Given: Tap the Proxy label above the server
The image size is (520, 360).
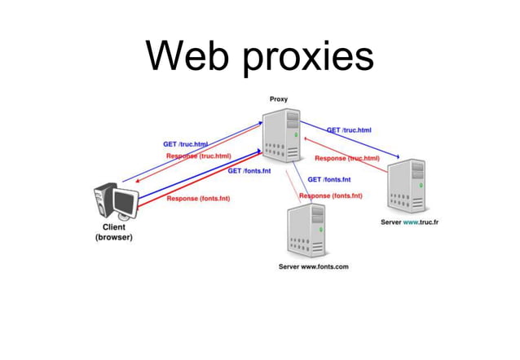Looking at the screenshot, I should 278,99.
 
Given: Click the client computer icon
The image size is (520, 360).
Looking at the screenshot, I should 114,203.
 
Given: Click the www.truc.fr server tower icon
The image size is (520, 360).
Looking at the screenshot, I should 407,187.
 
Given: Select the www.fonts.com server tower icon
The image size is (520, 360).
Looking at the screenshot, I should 306,231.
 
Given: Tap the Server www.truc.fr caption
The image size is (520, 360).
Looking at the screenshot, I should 409,222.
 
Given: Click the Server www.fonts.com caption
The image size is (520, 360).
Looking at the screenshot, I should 313,267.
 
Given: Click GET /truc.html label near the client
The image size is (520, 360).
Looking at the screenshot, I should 185,144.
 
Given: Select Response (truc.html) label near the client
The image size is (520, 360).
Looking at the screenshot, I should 198,156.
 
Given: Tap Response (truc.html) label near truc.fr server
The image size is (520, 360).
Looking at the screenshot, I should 347,158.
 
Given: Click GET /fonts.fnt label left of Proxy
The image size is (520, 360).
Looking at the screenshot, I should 249,171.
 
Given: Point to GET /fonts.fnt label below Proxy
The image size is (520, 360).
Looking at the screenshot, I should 328,179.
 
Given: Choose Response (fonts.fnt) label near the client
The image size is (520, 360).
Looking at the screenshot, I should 198,198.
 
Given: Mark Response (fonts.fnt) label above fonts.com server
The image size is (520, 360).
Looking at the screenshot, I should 330,195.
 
